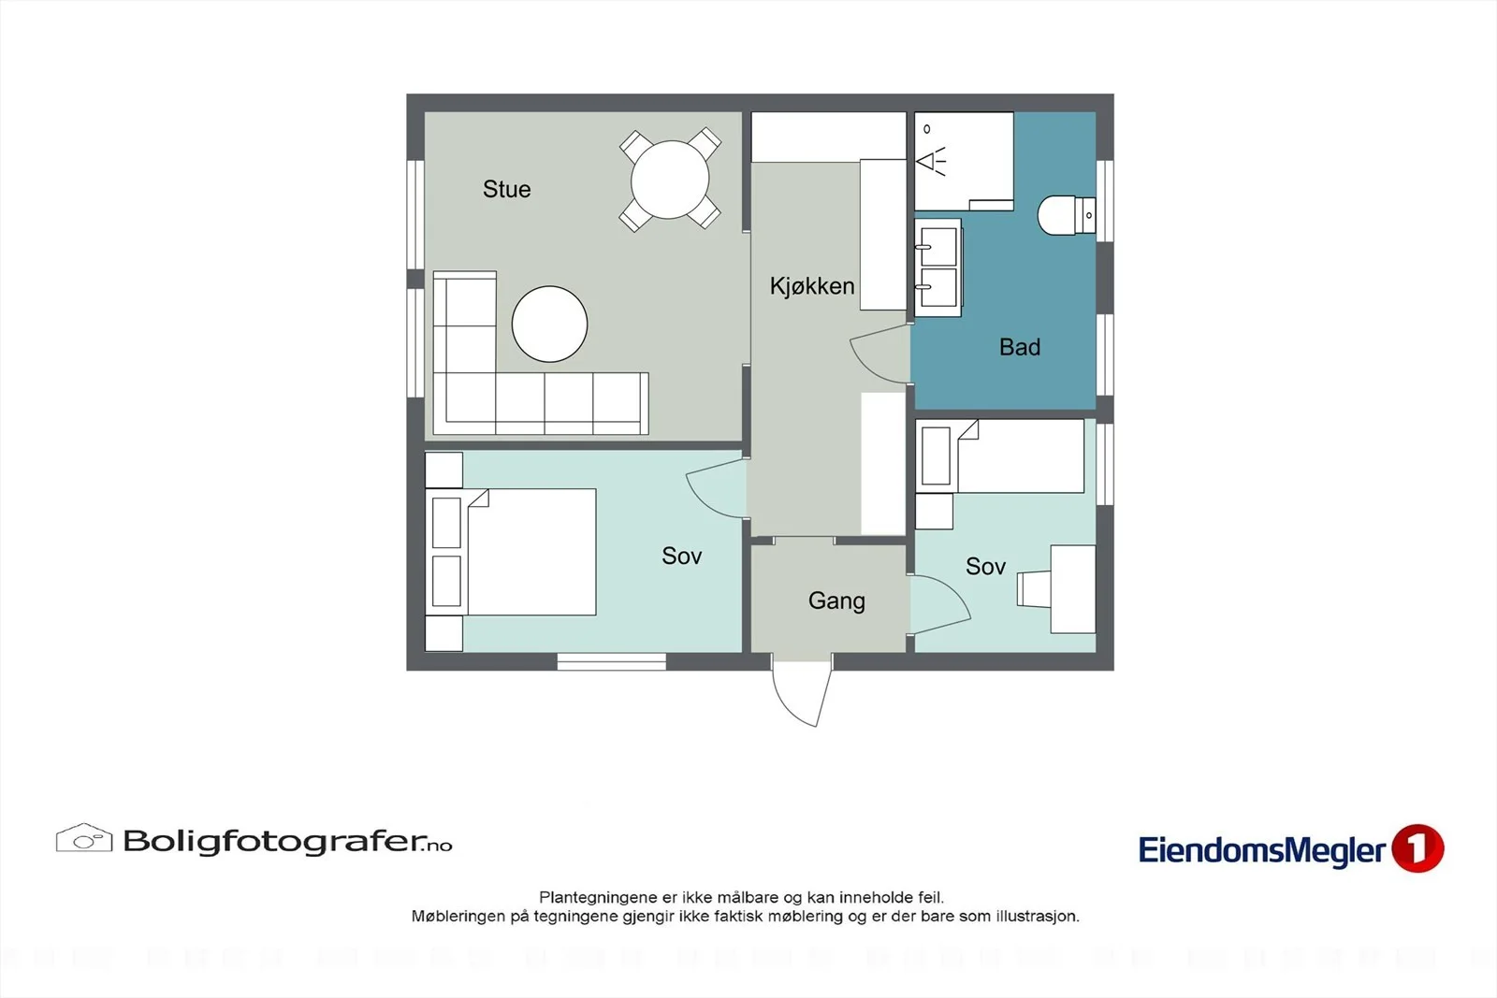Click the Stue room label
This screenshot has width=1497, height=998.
tap(506, 189)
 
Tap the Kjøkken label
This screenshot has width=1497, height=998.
tap(812, 286)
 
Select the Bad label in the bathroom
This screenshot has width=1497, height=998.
tap(1020, 347)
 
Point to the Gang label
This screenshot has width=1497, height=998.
tap(836, 600)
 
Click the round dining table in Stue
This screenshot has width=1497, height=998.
tap(670, 180)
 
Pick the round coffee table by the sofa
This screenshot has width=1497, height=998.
tap(549, 324)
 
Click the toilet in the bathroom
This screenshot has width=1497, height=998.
tap(1067, 215)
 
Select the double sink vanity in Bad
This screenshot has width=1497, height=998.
tap(937, 268)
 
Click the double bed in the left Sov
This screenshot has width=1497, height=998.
tap(511, 552)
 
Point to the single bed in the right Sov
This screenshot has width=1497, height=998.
tap(1000, 456)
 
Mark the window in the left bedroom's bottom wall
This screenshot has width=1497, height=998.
tap(612, 661)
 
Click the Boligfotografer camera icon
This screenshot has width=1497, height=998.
tap(84, 838)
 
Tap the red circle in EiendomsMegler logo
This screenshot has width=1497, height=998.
tap(1417, 848)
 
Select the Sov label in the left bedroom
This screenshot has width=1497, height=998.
tap(682, 556)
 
